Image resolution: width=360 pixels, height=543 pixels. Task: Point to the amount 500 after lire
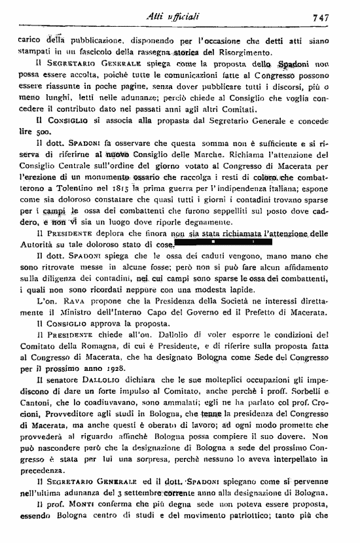pos(39,131)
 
